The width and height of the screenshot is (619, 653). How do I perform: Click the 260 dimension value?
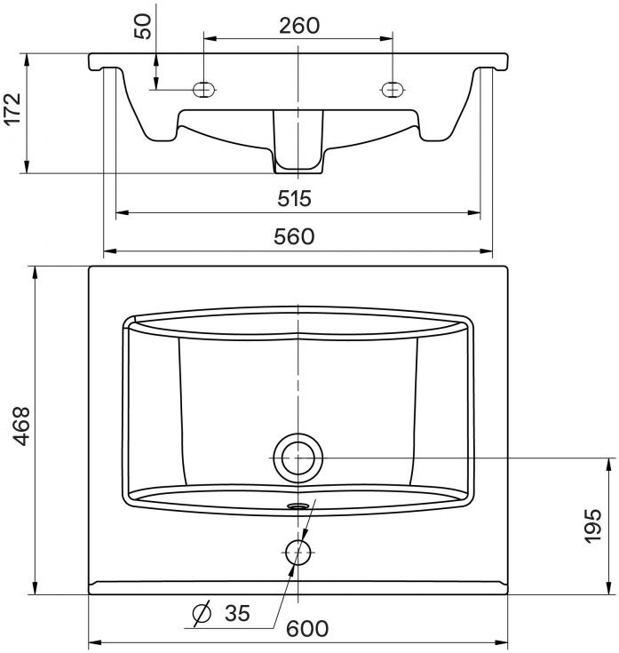pos(299,26)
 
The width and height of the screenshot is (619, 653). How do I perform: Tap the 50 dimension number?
pos(143,27)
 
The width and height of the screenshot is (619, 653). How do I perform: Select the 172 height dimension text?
pos(12,109)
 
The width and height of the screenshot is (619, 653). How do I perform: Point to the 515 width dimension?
pos(294,198)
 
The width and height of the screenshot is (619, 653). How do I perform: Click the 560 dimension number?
pos(294,236)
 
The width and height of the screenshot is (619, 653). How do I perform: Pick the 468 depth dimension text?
pos(21,426)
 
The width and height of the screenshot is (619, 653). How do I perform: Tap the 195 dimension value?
pos(592,526)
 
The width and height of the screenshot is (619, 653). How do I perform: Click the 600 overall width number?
pos(307,628)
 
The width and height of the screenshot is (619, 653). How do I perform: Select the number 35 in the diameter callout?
pos(237,613)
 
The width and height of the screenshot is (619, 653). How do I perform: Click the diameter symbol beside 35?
pos(202,613)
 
